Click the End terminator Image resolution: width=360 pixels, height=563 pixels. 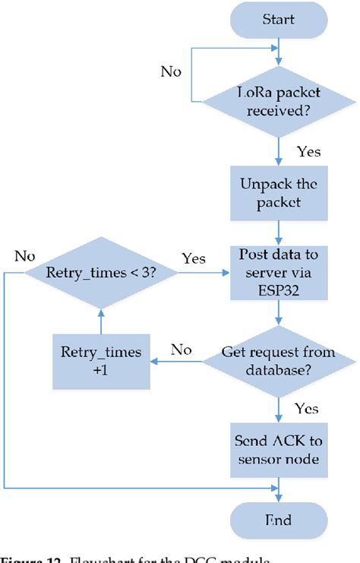pos(280,520)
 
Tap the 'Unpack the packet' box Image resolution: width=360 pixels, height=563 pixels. pos(280,194)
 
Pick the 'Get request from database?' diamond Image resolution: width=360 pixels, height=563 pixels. pos(280,362)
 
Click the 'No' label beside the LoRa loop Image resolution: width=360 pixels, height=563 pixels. pos(171,71)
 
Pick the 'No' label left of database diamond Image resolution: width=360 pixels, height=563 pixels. pos(181,350)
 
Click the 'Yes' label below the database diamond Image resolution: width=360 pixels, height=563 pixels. pos(305,409)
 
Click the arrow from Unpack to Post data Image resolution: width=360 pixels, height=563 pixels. pos(280,231)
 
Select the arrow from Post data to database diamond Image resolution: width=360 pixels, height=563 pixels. pos(280,313)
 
